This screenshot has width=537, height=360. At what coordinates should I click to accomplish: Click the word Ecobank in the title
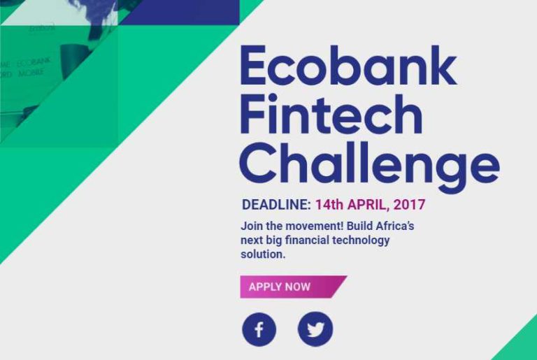click(348, 66)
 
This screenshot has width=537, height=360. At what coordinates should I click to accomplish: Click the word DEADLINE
click(275, 206)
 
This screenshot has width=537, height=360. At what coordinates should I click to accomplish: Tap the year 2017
click(410, 206)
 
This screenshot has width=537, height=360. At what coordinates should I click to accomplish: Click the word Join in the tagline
click(252, 226)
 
